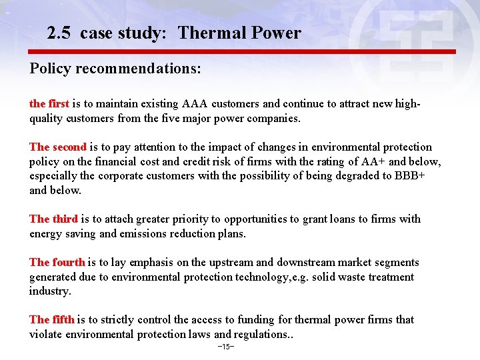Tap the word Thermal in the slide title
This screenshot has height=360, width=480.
click(x=207, y=33)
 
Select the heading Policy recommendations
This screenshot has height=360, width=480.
click(x=115, y=69)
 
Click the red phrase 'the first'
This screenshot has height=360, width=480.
click(x=49, y=104)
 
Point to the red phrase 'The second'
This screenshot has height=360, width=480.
click(x=58, y=147)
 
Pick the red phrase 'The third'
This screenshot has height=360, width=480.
click(x=53, y=219)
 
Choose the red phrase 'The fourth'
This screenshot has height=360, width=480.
click(x=57, y=263)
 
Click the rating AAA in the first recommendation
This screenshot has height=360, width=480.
click(x=193, y=104)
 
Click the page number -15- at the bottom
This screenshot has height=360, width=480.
click(x=226, y=347)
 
